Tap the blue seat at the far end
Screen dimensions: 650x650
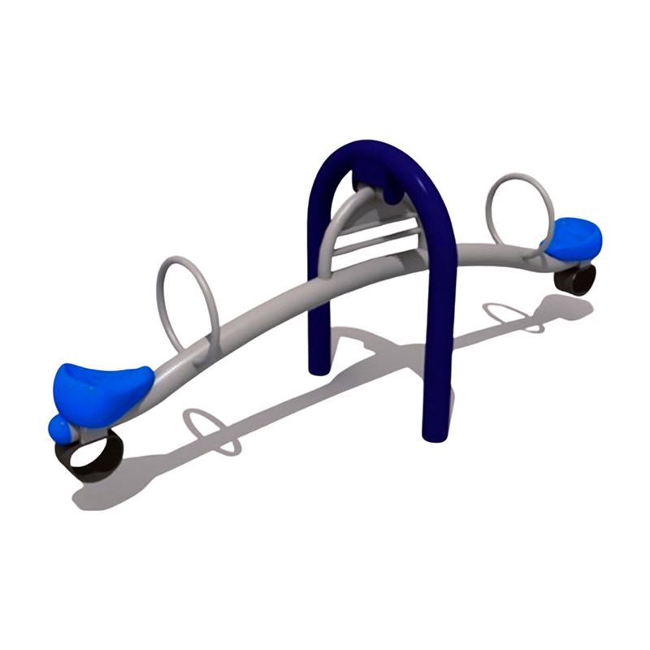[574, 236]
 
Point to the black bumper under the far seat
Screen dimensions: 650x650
[576, 280]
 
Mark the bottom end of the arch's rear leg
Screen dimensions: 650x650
[320, 370]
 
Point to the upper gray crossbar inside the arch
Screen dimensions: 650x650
[377, 236]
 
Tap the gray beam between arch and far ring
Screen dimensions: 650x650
[487, 252]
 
